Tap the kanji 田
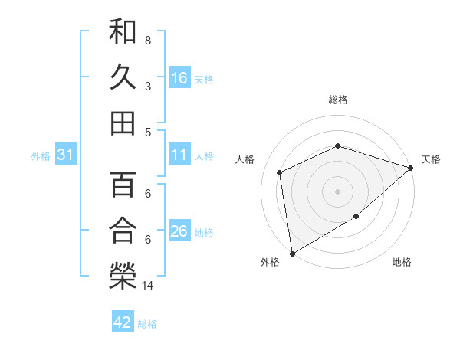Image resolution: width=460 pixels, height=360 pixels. [x=123, y=123]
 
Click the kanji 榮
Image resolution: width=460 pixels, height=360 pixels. [x=123, y=275]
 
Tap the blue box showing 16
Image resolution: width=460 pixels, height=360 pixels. [x=179, y=77]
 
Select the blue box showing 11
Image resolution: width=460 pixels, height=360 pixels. [x=179, y=155]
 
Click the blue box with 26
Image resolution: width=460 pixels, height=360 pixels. [x=179, y=231]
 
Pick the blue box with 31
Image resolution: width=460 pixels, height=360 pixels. [x=65, y=155]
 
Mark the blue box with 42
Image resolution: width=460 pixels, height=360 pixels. [x=123, y=322]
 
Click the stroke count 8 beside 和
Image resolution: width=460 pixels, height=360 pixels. [x=148, y=40]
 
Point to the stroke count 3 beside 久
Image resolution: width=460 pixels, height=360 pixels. [x=148, y=86]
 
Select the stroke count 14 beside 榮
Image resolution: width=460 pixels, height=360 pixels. [x=149, y=286]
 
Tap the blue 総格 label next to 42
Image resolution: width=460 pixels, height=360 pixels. [x=147, y=324]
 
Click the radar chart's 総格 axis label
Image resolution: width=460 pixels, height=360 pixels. [x=337, y=100]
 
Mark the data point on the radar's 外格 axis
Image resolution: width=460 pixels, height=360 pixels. [x=292, y=253]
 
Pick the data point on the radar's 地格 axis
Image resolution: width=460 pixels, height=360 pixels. [x=356, y=218]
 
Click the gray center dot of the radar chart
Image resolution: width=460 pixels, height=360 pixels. [x=337, y=191]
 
